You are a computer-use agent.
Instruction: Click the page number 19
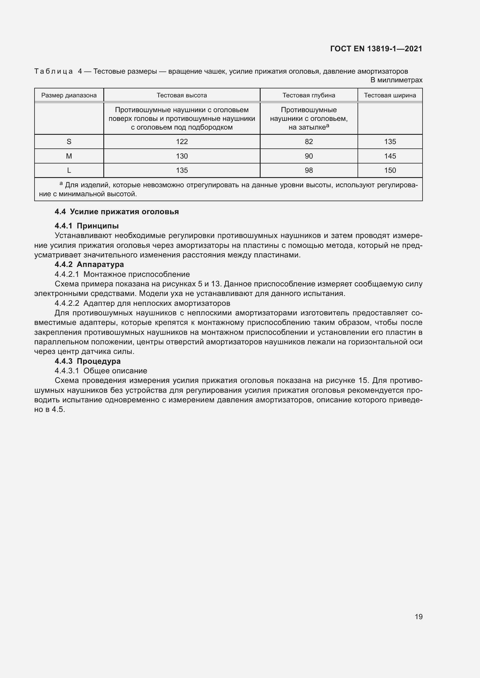pos(418,617)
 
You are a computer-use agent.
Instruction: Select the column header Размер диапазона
pos(69,95)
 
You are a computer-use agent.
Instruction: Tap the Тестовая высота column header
pos(182,95)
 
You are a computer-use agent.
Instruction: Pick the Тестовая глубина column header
pos(308,95)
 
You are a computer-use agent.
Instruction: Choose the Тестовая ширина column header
pos(390,95)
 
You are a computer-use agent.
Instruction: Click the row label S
pos(69,142)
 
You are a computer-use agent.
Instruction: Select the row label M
pos(69,156)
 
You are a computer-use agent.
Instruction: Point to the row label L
pos(69,170)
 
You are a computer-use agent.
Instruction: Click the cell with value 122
pos(182,142)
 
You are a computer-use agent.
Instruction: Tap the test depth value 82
pos(308,142)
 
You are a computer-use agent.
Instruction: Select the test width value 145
pos(390,156)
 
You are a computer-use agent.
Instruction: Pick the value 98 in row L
pos(308,170)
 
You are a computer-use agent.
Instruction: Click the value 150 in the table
pos(390,170)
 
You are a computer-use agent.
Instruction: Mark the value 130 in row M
pos(182,156)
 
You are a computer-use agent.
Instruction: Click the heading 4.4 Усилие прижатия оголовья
pos(117,212)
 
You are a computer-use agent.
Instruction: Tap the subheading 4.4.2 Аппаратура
pos(89,264)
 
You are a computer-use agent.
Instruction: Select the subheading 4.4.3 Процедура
pos(87,361)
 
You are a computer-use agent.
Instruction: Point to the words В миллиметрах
pos(396,80)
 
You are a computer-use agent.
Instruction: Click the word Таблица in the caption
pos(53,72)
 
